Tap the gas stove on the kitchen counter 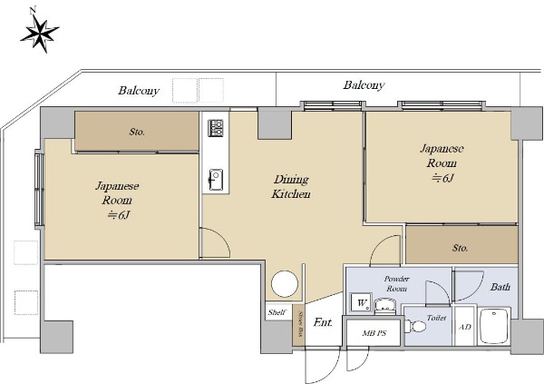pyautogui.click(x=216, y=128)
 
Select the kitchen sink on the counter pyautogui.click(x=216, y=180)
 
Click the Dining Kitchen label pyautogui.click(x=291, y=187)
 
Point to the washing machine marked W pyautogui.click(x=361, y=302)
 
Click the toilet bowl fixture pyautogui.click(x=415, y=327)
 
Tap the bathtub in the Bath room pyautogui.click(x=494, y=326)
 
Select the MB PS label pyautogui.click(x=374, y=333)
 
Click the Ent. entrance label pyautogui.click(x=323, y=322)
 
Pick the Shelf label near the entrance pyautogui.click(x=277, y=312)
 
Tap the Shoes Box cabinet pyautogui.click(x=298, y=325)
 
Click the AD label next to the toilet pyautogui.click(x=465, y=327)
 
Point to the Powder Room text pyautogui.click(x=396, y=283)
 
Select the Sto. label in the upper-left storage pyautogui.click(x=137, y=132)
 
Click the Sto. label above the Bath pyautogui.click(x=460, y=248)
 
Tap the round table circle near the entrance pyautogui.click(x=285, y=284)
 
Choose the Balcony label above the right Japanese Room pyautogui.click(x=364, y=84)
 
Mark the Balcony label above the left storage pyautogui.click(x=139, y=91)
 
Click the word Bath pyautogui.click(x=500, y=287)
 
